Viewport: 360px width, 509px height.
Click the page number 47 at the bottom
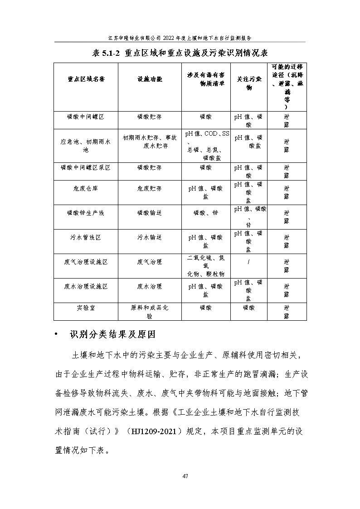pos(185,476)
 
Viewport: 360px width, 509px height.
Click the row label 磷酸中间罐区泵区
pos(86,167)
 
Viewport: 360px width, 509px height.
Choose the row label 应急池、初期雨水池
pos(86,142)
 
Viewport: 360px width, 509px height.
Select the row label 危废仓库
pos(86,188)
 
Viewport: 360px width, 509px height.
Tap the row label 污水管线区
pos(86,237)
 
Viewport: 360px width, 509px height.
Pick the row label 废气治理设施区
pos(86,262)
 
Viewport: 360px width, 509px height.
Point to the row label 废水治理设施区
pos(86,286)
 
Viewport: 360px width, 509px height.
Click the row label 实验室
pos(86,307)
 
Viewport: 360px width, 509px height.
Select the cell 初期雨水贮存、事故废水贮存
pos(149,142)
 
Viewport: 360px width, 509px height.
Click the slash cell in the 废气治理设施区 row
pos(248,262)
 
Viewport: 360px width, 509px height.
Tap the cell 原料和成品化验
pos(149,312)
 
